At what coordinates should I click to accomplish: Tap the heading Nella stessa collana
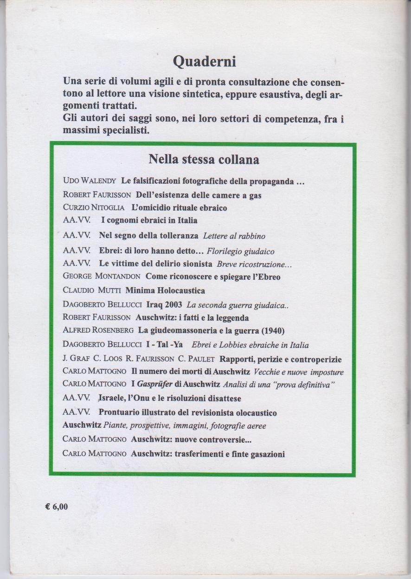[203, 160]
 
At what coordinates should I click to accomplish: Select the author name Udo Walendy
[90, 181]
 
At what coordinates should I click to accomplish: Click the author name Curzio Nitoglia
[93, 208]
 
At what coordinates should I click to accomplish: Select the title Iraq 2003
[157, 305]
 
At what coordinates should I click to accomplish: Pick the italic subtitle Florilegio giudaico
[240, 251]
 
